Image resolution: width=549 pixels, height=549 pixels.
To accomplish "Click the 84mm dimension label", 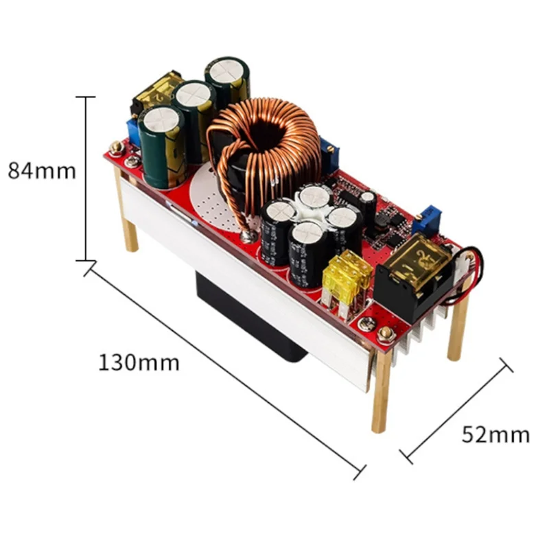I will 42,170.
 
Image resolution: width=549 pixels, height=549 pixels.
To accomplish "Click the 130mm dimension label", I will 139,362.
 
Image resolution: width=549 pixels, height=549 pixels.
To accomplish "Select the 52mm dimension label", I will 495,434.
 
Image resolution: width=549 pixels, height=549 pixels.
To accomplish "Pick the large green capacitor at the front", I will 162,147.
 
